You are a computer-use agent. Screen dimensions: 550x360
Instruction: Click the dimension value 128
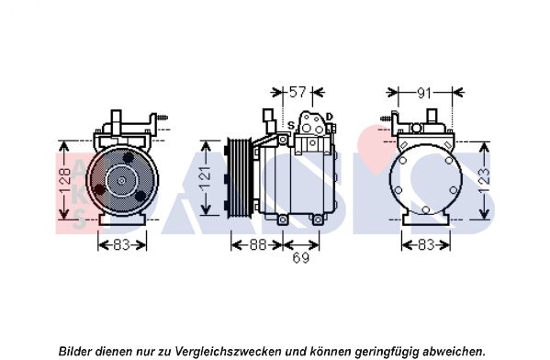click(65, 181)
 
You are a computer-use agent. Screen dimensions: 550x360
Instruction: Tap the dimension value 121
click(206, 178)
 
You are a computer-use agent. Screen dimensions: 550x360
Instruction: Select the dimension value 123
click(485, 181)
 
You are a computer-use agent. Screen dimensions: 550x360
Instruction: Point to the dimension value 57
click(297, 92)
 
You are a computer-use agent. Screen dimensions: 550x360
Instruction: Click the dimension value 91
click(424, 94)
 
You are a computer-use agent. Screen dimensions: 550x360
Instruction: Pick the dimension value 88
click(258, 245)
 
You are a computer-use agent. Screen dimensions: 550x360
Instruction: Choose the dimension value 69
click(300, 258)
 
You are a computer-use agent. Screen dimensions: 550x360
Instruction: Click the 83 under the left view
click(121, 245)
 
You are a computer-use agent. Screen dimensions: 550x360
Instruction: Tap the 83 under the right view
click(426, 245)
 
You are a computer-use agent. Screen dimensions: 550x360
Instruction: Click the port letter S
click(291, 125)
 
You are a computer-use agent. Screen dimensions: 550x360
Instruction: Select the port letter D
click(330, 117)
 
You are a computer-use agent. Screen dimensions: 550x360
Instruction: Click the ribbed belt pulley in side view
click(239, 177)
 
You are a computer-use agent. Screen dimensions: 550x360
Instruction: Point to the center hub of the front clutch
click(121, 181)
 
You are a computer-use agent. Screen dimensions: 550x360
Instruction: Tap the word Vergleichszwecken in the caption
click(228, 351)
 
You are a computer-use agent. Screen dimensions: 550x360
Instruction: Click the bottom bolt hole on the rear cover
click(426, 209)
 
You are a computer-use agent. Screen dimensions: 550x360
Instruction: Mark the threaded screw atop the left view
click(163, 118)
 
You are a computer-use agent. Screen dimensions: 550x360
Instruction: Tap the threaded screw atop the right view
click(387, 118)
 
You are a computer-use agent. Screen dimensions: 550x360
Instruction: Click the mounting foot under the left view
click(122, 219)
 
